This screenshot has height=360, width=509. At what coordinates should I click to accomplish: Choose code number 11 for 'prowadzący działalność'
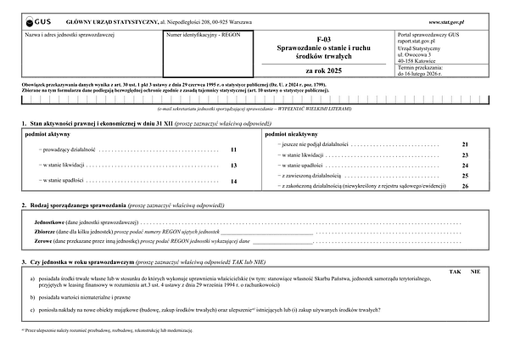point(233,149)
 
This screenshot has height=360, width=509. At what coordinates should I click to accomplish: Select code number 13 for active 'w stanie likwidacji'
point(233,166)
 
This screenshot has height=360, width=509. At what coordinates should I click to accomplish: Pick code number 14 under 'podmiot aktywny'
point(233,182)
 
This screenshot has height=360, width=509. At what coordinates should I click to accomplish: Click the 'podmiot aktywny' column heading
point(48,134)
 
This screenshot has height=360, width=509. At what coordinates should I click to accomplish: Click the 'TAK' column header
point(456,270)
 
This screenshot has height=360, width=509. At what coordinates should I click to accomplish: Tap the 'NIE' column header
point(476,270)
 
